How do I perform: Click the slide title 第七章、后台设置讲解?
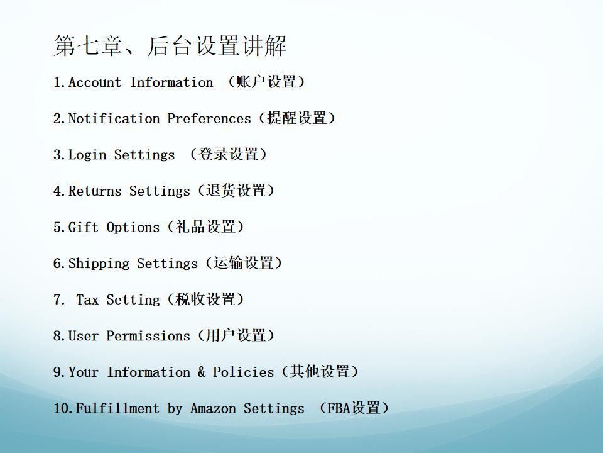[x=170, y=46]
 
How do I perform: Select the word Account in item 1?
[x=95, y=82]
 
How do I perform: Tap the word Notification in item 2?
[x=114, y=118]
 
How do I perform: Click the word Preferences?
[x=209, y=118]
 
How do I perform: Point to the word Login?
[x=87, y=155]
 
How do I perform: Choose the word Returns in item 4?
[x=95, y=191]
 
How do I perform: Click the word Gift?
[x=84, y=227]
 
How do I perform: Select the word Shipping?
[x=99, y=264]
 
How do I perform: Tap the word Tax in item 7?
[x=87, y=299]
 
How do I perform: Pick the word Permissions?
[x=148, y=335]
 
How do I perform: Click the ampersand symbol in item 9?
[x=202, y=372]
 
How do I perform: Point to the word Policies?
[x=243, y=372]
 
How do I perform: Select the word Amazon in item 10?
[x=213, y=408]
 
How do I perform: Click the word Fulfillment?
[x=117, y=408]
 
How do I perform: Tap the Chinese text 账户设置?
[x=266, y=82]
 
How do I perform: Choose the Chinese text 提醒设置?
[x=297, y=118]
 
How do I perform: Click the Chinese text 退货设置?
[x=236, y=190]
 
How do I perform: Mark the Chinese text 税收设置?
[x=205, y=299]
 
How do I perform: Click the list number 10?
[x=63, y=408]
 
